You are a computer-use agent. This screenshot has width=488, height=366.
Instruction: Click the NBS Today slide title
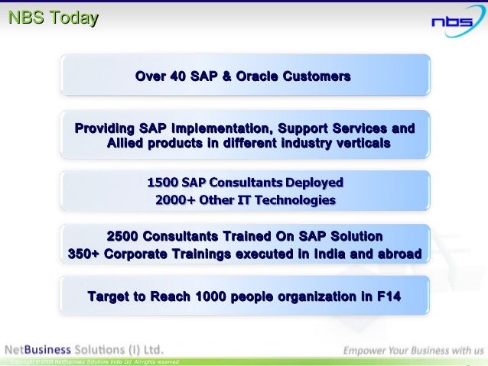coord(53,18)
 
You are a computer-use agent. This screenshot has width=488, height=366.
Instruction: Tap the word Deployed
coord(314,183)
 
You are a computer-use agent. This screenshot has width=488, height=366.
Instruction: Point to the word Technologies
coord(294,200)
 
